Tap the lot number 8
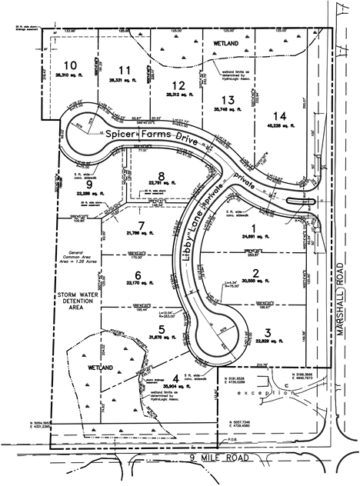pos(161,174)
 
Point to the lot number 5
pos(161,326)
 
